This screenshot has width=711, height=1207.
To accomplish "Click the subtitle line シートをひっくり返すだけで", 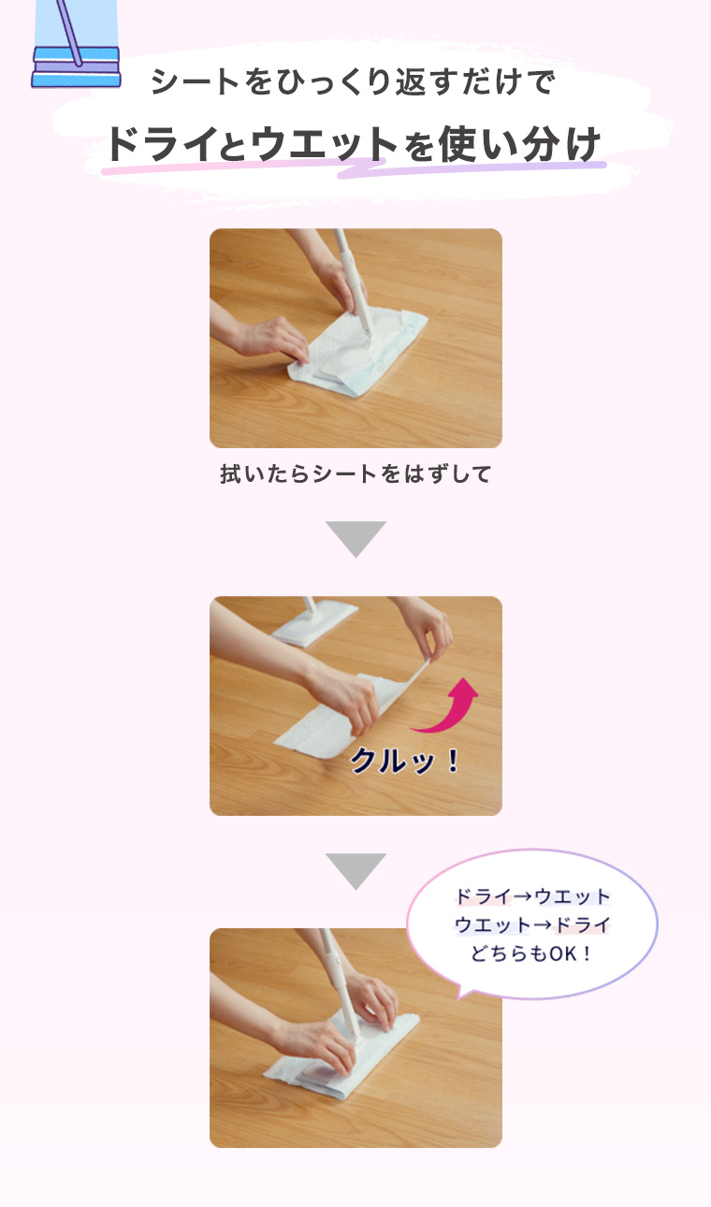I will pos(353,83).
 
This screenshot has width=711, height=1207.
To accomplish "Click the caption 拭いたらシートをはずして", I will pos(355,474).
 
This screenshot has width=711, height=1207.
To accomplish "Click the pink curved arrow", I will pos(449,708).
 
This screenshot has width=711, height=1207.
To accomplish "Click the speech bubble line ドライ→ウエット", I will pos(532,897).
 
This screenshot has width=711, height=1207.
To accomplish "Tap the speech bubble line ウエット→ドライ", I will pos(532,925).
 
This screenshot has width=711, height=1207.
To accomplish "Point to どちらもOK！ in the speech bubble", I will pos(532,953).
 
